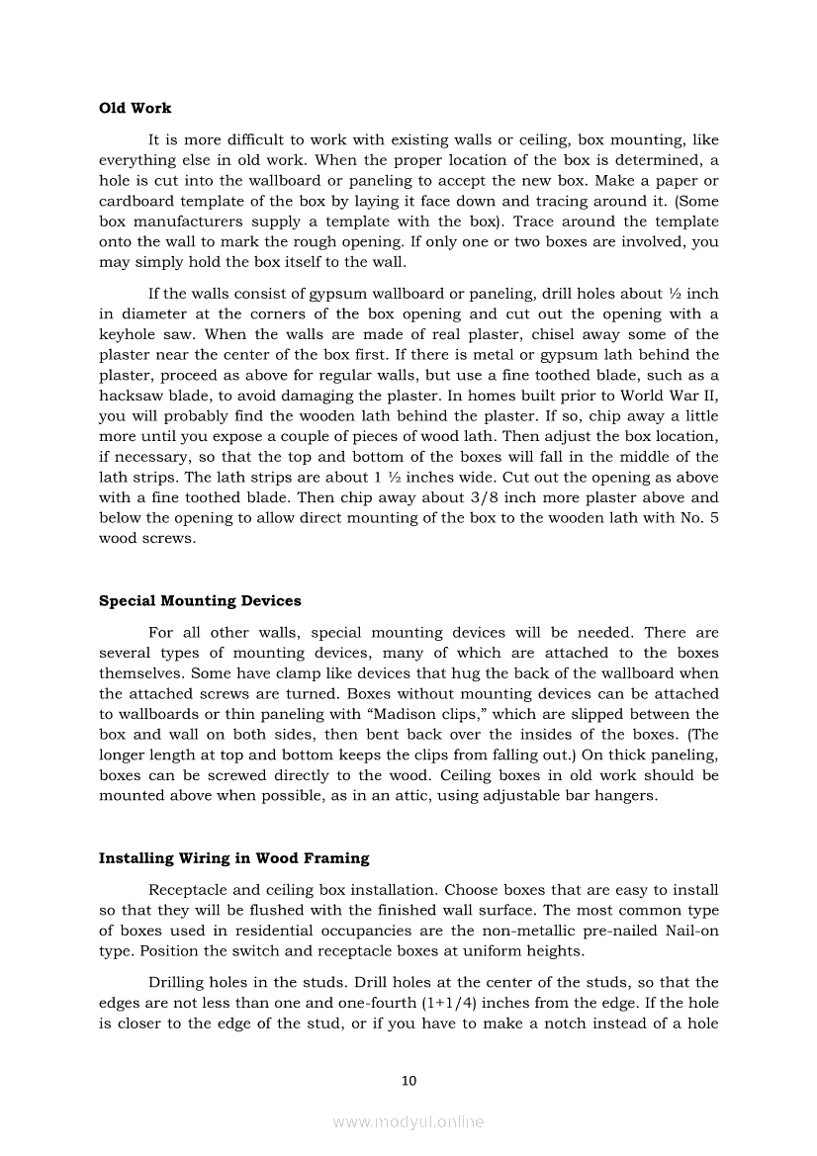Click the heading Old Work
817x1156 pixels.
pos(135,108)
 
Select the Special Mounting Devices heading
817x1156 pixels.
pos(200,600)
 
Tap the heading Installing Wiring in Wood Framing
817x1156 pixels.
pos(233,857)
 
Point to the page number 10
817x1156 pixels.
pos(408,1081)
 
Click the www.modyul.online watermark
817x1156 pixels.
pos(408,1121)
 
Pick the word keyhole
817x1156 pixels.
pos(125,334)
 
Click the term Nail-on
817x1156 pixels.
pos(687,931)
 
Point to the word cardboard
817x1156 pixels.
pos(136,201)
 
